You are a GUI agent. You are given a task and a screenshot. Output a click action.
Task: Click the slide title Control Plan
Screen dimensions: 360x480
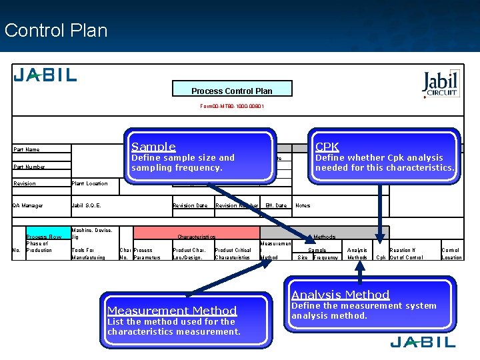[55, 31]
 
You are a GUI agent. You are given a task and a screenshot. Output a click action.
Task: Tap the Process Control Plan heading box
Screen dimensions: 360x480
[231, 90]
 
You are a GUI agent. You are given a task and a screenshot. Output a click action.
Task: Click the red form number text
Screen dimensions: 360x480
[232, 106]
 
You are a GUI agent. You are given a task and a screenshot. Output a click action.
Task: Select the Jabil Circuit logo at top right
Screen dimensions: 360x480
[441, 84]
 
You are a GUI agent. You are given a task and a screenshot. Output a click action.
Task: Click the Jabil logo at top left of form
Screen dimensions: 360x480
[45, 75]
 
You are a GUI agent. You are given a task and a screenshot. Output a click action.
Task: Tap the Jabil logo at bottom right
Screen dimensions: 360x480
[423, 343]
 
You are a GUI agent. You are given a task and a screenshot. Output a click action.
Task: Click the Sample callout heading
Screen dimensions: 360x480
[153, 147]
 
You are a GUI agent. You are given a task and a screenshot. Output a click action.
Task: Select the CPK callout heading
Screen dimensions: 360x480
[327, 147]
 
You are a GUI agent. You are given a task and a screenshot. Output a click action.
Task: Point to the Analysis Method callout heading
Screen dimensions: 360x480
[340, 295]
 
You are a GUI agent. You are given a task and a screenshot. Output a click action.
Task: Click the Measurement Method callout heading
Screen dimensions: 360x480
[172, 311]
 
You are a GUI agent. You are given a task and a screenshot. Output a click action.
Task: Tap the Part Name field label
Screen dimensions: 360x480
[27, 149]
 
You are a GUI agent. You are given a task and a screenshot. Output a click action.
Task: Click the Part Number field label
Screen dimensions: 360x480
[29, 167]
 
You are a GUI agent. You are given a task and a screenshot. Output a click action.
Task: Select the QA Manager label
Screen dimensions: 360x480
[28, 205]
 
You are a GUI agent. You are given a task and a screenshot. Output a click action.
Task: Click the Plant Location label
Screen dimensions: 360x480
[89, 183]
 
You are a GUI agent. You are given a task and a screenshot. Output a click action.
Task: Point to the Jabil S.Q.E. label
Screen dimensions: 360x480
[86, 205]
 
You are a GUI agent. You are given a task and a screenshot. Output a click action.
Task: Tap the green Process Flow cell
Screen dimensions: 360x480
[43, 237]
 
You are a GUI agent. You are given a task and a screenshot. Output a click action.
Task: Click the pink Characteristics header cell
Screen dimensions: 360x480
[196, 237]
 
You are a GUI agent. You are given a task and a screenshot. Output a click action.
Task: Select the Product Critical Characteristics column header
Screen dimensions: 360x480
[232, 253]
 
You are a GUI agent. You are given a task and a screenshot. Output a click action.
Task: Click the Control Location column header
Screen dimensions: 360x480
[451, 253]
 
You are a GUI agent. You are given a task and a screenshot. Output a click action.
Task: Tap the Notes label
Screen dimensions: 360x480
[303, 205]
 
